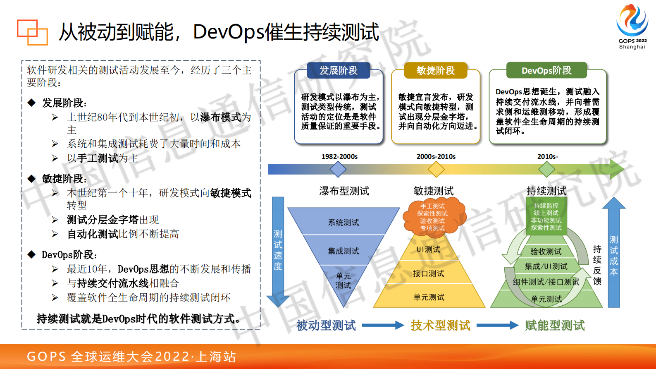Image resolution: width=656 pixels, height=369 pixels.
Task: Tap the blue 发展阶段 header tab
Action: click(339, 70)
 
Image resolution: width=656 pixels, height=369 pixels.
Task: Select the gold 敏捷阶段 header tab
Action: click(436, 70)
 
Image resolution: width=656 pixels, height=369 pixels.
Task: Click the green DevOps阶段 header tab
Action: click(546, 70)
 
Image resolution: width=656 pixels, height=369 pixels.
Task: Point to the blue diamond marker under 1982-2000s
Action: click(338, 169)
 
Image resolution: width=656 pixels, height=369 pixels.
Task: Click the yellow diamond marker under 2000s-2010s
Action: click(436, 169)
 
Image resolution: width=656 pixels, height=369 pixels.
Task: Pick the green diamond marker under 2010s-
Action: click(547, 169)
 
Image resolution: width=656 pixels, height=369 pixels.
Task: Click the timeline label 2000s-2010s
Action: click(436, 156)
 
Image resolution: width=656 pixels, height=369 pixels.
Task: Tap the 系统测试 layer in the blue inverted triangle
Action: click(343, 222)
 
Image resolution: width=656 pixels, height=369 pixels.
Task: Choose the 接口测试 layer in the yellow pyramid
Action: click(429, 273)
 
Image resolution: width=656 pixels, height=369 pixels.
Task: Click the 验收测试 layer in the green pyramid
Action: click(546, 251)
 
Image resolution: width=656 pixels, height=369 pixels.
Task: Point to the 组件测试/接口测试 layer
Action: click(546, 282)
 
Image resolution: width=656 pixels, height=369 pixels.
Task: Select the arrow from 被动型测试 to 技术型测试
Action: click(382, 326)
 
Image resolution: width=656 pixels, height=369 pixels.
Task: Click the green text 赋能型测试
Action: click(555, 326)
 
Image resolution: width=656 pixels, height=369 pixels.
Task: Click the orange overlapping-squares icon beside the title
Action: click(32, 32)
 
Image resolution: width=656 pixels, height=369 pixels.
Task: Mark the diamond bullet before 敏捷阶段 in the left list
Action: click(32, 179)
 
